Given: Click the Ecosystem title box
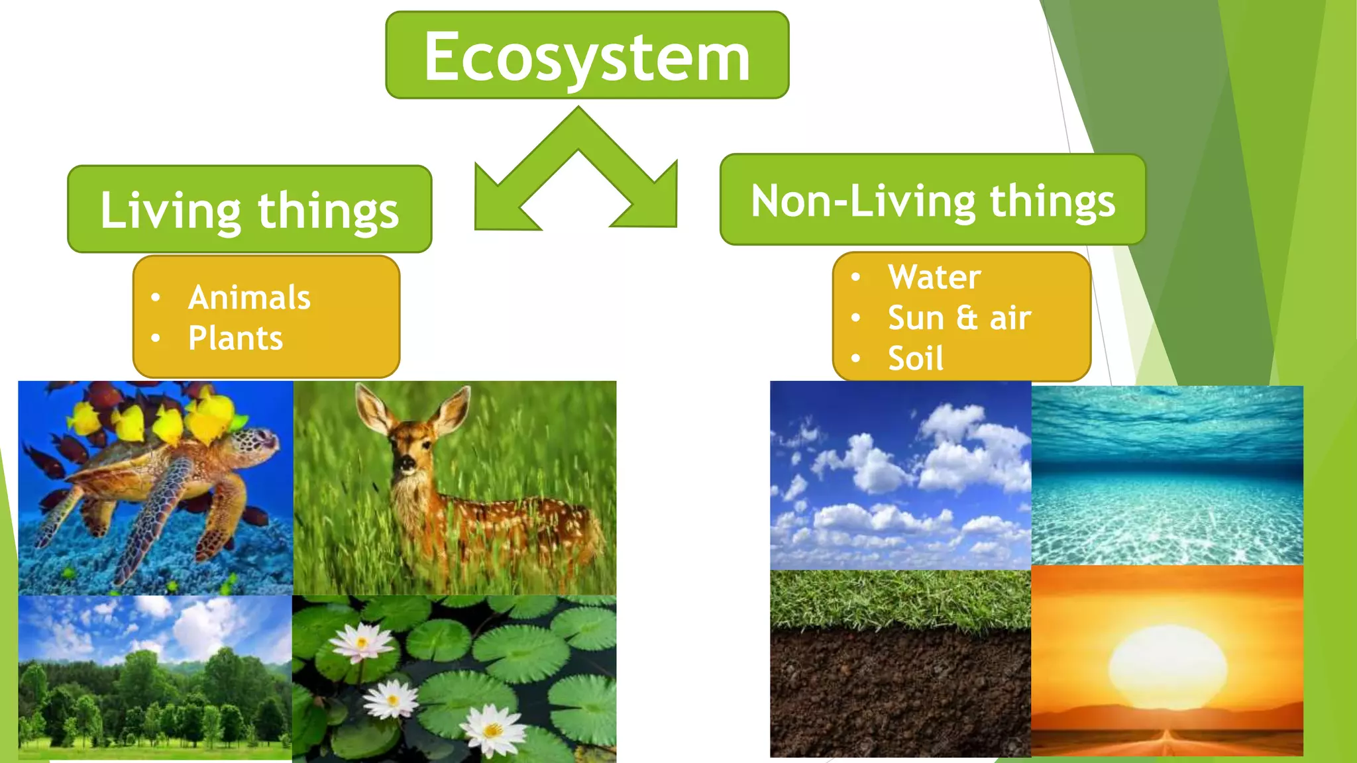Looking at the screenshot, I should click(587, 56).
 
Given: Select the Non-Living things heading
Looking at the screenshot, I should click(932, 201).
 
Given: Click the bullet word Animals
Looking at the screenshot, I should click(249, 297).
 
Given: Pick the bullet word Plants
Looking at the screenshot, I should click(235, 338).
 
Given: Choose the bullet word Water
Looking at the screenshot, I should click(934, 277).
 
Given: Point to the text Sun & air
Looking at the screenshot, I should click(959, 318).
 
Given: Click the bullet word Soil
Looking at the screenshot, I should click(915, 358).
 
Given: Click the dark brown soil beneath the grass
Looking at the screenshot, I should click(900, 695).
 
